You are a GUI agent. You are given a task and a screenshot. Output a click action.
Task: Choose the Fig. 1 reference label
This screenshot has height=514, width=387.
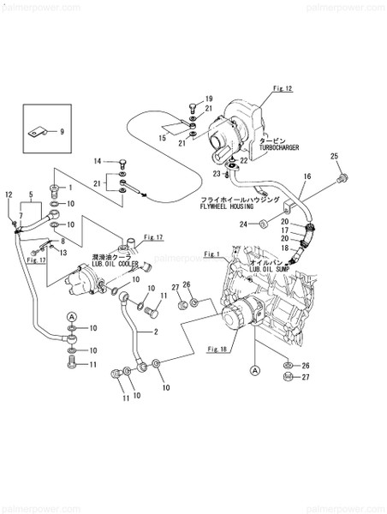click(213, 254)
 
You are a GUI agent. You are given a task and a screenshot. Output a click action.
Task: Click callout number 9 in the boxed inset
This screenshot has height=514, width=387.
click(62, 131)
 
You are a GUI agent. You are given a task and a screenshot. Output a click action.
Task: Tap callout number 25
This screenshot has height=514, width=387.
click(335, 155)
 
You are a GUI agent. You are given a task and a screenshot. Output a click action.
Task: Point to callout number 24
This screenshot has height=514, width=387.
click(243, 224)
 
